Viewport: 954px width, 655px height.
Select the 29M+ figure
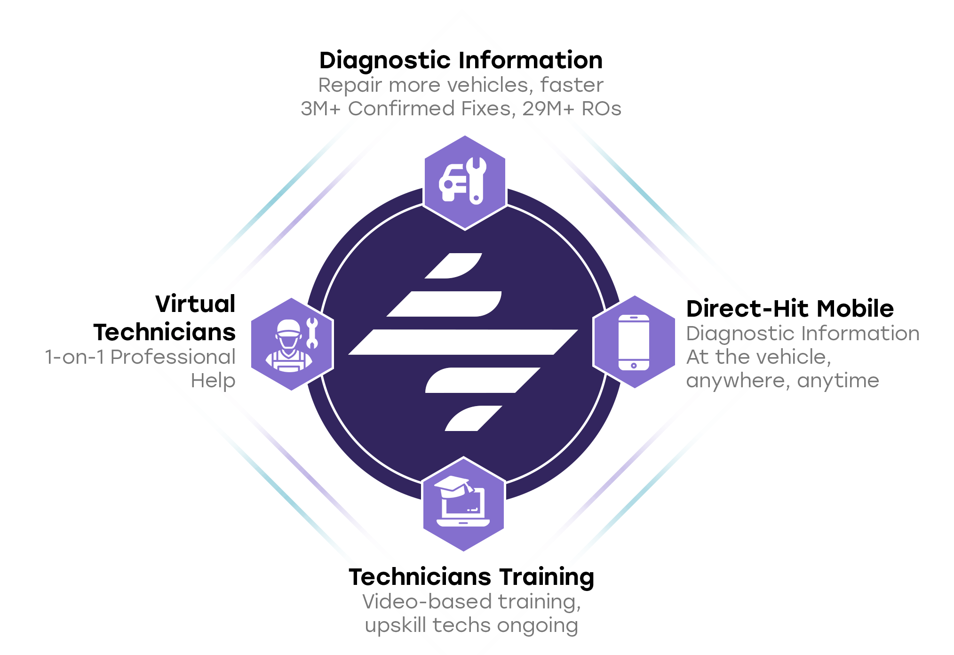[x=549, y=109]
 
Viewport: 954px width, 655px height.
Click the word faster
[x=572, y=86]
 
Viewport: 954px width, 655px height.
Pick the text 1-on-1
[x=74, y=358]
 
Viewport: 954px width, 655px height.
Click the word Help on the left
[x=213, y=381]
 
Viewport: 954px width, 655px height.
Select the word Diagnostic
[x=740, y=334]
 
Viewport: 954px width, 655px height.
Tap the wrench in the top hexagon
[x=476, y=181]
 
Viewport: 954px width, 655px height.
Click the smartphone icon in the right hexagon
[x=634, y=342]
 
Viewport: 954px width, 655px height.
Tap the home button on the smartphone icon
[x=634, y=365]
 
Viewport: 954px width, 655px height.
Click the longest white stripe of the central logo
[x=463, y=342]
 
